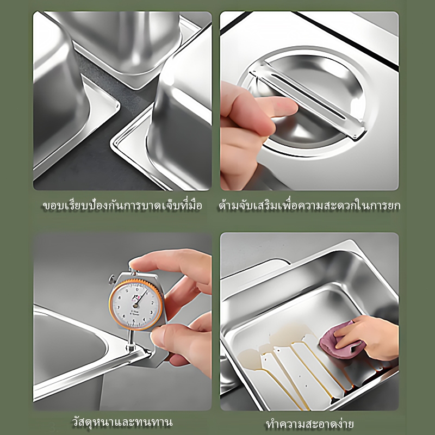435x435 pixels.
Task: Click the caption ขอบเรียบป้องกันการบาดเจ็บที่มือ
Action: pyautogui.click(x=122, y=206)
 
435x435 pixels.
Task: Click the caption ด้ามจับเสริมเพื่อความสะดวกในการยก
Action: pyautogui.click(x=309, y=206)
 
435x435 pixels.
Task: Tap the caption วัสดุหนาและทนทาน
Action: pyautogui.click(x=122, y=422)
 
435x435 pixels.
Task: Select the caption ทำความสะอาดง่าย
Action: pyautogui.click(x=310, y=424)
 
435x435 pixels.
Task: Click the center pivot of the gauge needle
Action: pyautogui.click(x=135, y=306)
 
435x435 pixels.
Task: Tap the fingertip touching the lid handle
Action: pyautogui.click(x=289, y=107)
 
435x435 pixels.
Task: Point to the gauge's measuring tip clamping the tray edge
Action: pyautogui.click(x=131, y=346)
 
